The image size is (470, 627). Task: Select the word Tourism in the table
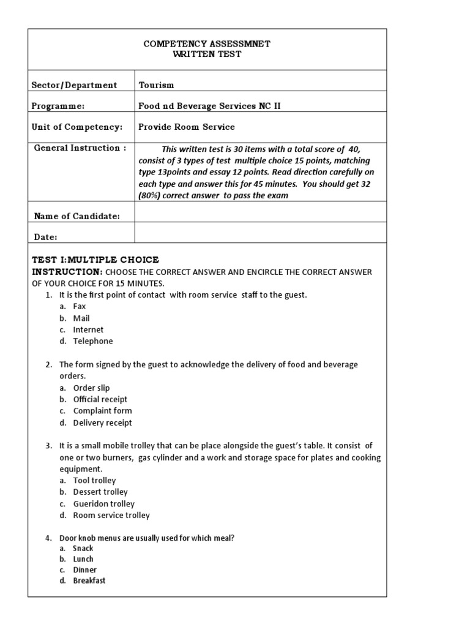coord(156,85)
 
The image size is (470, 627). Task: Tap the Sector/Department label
coord(74,85)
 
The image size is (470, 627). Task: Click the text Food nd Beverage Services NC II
coord(210,106)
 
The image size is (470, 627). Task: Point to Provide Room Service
coord(187,127)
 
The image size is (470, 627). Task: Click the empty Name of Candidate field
coord(260,215)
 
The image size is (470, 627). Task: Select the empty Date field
coord(260,236)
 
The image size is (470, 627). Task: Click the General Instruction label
coord(80,148)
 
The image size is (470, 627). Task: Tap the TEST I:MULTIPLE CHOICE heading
coord(95,260)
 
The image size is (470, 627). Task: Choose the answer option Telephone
coord(93,341)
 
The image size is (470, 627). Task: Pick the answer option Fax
coord(80,306)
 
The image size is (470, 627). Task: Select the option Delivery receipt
coord(102,422)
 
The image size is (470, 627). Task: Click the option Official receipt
coord(100,399)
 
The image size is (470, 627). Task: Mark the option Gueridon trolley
coord(103,504)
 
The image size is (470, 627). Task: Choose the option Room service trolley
coord(111,516)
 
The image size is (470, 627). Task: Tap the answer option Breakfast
coord(89,580)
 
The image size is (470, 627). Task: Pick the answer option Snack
coord(83,548)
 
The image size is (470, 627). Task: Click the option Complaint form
coord(102,411)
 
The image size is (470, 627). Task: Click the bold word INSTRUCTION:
coord(67,271)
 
